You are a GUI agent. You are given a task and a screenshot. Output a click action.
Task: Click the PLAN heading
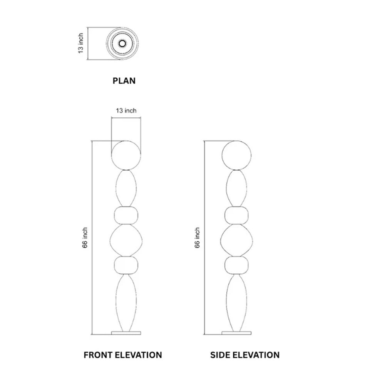pyautogui.click(x=124, y=81)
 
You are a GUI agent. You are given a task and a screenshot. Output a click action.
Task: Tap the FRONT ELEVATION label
pyautogui.click(x=123, y=355)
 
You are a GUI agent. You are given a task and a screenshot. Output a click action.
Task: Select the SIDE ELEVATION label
pyautogui.click(x=245, y=355)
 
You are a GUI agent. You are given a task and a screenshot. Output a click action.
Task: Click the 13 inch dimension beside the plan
pyautogui.click(x=81, y=44)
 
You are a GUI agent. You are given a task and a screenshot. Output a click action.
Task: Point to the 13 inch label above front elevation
pyautogui.click(x=126, y=111)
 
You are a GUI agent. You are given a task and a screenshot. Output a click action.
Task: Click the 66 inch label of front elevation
pyautogui.click(x=85, y=238)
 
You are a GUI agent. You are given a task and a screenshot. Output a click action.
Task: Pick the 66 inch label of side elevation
pyautogui.click(x=197, y=238)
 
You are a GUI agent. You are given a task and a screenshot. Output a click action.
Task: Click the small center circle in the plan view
pyautogui.click(x=122, y=44)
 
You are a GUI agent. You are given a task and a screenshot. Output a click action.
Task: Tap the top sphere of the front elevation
pyautogui.click(x=126, y=156)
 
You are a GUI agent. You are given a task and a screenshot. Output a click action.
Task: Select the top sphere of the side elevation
pyautogui.click(x=236, y=156)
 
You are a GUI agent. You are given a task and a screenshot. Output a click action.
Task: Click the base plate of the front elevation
pyautogui.click(x=126, y=333)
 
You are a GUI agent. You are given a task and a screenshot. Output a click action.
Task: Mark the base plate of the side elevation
pyautogui.click(x=236, y=333)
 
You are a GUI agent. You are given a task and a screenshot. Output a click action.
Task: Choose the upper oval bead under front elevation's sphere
pyautogui.click(x=126, y=188)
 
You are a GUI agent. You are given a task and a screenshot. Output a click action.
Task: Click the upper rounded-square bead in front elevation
pyautogui.click(x=126, y=215)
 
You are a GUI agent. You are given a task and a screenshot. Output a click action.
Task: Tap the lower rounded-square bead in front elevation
pyautogui.click(x=126, y=265)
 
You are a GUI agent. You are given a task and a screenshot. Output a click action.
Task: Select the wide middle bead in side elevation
pyautogui.click(x=236, y=240)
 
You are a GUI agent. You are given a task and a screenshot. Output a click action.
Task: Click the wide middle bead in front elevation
pyautogui.click(x=126, y=240)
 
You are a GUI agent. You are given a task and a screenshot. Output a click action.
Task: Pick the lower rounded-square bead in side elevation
pyautogui.click(x=236, y=265)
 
